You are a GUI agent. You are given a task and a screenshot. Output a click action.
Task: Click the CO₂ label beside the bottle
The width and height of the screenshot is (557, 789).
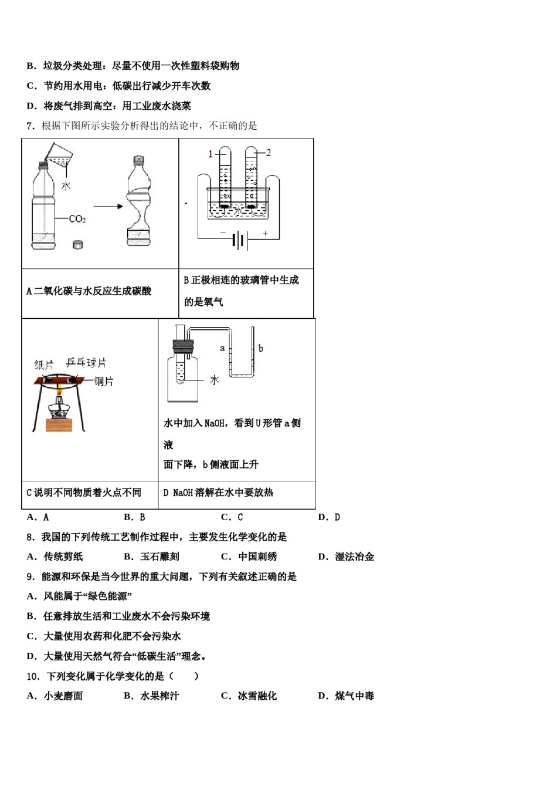click(77, 219)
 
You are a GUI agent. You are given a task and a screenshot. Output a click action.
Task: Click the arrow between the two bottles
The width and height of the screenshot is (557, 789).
click(108, 206)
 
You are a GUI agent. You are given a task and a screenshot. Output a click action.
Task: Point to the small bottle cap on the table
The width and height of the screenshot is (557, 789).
click(78, 244)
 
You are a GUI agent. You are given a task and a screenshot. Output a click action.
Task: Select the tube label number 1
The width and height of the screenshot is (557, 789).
click(210, 154)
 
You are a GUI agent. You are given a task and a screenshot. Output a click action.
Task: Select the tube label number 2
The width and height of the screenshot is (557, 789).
click(269, 153)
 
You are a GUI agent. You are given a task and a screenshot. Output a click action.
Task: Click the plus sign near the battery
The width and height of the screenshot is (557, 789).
click(265, 234)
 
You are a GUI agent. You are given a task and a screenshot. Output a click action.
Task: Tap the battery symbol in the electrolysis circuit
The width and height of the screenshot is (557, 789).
click(238, 240)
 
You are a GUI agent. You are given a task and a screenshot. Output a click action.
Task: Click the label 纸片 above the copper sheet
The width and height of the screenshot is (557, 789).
click(44, 365)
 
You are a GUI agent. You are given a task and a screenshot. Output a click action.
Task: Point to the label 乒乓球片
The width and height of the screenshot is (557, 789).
click(86, 362)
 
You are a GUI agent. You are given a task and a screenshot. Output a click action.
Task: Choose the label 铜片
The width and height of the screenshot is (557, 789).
click(104, 382)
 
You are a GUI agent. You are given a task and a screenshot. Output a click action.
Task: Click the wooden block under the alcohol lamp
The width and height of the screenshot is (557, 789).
click(59, 424)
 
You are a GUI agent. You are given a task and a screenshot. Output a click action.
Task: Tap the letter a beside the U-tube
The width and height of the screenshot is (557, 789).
click(222, 348)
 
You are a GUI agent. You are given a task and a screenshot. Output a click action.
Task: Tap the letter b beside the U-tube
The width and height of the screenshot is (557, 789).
click(261, 348)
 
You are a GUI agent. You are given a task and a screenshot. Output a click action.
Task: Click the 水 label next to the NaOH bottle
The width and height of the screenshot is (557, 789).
click(215, 380)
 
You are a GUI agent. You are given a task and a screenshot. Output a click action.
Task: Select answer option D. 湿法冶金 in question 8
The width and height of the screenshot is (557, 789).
click(346, 557)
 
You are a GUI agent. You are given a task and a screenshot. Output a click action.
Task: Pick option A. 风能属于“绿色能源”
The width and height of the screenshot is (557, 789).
click(80, 596)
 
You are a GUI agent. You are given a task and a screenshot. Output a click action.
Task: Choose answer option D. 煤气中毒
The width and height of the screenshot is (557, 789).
click(346, 696)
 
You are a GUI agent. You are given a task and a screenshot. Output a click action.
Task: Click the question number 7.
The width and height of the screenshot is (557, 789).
click(30, 126)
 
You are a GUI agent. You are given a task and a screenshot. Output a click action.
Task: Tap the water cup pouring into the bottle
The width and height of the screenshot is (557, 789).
click(59, 154)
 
